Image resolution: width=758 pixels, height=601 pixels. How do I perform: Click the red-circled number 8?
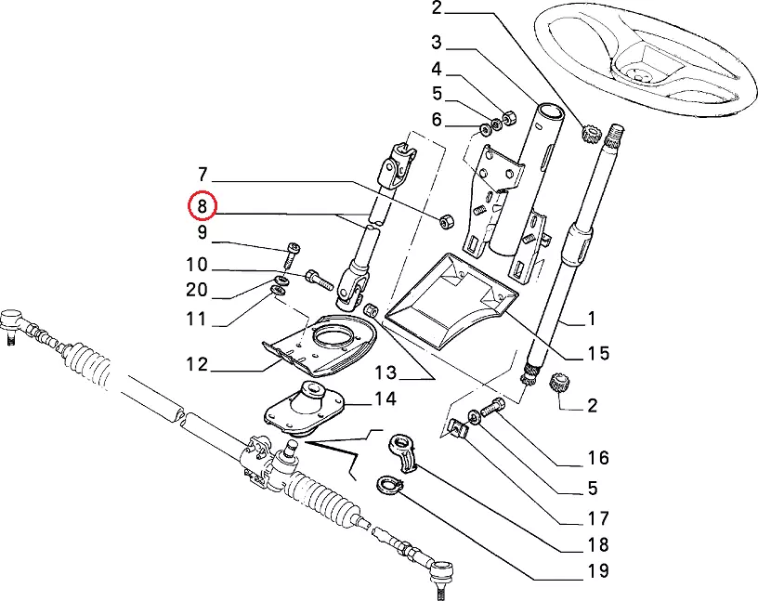(x=202, y=204)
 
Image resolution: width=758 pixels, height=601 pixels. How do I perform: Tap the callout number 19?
(x=596, y=570)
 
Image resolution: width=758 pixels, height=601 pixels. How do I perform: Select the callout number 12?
(x=196, y=363)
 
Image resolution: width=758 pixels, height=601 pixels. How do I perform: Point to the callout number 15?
(x=598, y=353)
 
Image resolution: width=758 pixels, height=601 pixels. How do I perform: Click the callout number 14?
(x=385, y=399)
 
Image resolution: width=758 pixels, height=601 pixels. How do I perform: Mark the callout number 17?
(x=596, y=517)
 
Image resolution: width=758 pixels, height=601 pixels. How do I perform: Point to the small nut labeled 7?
(x=445, y=220)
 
